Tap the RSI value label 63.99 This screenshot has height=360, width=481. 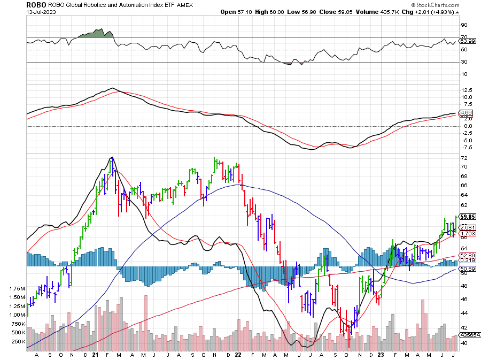click(x=467, y=41)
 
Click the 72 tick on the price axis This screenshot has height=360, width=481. click(x=464, y=159)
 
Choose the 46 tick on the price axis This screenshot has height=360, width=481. click(x=464, y=299)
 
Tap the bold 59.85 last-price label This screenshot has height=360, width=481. click(x=467, y=217)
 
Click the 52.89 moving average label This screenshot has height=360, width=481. click(x=467, y=256)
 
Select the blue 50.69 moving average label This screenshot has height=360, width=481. click(x=467, y=269)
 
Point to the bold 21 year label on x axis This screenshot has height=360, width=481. click(x=95, y=354)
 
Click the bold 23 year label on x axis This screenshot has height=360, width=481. click(x=381, y=354)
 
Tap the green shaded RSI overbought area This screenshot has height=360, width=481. click(x=98, y=34)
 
